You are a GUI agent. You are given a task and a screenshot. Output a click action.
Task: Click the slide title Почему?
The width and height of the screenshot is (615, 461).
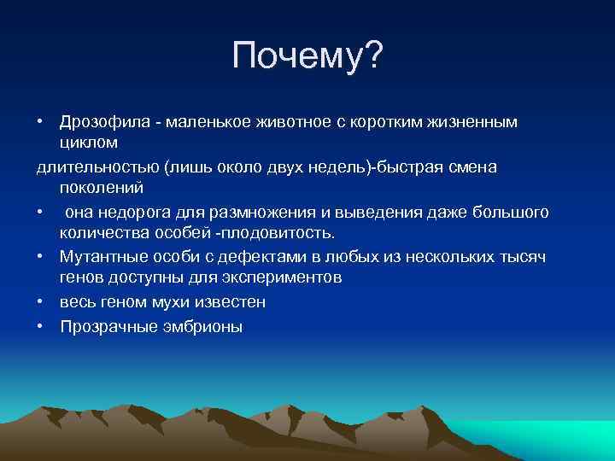click(307, 58)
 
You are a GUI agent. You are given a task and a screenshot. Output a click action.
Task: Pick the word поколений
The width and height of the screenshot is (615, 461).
click(102, 187)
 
